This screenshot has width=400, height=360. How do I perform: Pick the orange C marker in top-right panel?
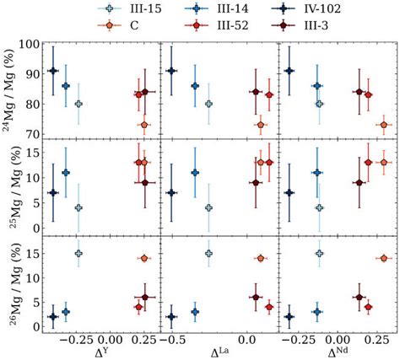384,125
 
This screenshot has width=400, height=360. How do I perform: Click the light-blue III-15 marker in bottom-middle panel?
208,253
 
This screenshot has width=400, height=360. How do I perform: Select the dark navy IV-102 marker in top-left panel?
53,71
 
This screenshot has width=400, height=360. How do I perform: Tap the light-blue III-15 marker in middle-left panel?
78,207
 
